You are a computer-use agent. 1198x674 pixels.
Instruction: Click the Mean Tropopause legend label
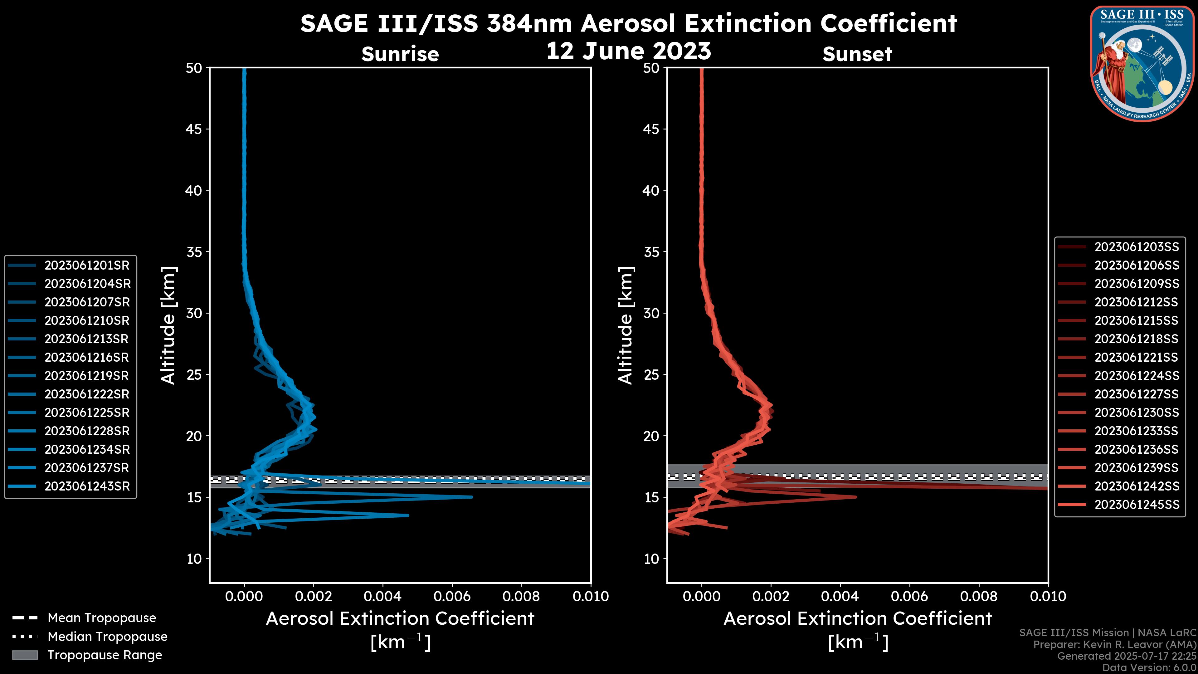point(102,618)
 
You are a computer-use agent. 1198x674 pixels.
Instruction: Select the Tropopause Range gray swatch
point(25,655)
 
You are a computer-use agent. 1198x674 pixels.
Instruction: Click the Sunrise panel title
point(400,54)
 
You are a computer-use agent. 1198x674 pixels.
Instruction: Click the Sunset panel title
point(857,54)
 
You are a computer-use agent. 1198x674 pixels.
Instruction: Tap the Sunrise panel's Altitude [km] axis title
point(168,325)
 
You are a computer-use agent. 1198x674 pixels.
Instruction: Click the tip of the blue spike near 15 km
point(472,497)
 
